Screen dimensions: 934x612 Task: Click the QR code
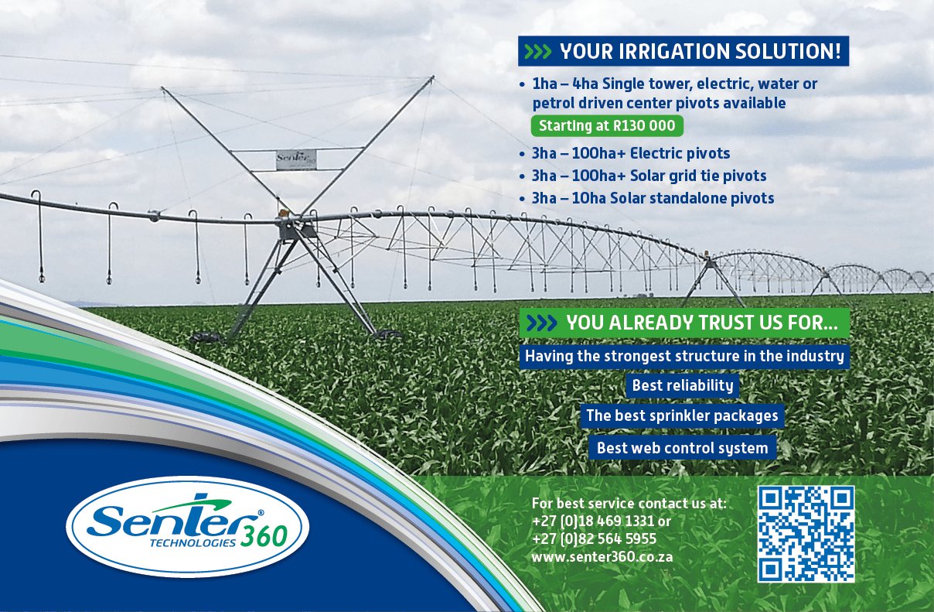coord(806,534)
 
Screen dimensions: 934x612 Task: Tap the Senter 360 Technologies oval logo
coord(188,526)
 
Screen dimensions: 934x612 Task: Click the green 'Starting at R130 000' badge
coord(607,125)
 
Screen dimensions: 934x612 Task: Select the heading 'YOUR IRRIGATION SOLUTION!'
coord(700,51)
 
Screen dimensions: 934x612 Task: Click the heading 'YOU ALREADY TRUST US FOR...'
coord(702,323)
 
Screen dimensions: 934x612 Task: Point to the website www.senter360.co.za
coord(602,557)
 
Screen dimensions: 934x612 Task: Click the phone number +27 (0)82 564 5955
coord(594,539)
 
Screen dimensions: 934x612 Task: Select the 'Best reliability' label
coord(683,385)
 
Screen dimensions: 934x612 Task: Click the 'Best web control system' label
coord(683,448)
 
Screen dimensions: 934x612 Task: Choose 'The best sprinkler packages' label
coord(682,415)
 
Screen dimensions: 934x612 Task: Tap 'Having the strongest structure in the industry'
coord(684,356)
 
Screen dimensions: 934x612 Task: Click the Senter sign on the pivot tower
coord(296,159)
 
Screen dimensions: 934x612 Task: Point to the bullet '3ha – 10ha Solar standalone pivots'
coord(653,198)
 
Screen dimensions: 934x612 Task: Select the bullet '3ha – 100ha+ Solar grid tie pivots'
coord(649,176)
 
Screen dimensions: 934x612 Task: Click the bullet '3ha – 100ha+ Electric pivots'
coord(630,153)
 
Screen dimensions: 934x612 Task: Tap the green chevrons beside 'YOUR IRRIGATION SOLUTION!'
coord(537,52)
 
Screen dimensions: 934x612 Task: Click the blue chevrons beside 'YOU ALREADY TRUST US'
coord(542,323)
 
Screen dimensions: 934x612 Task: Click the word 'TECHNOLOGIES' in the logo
coord(193,543)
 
